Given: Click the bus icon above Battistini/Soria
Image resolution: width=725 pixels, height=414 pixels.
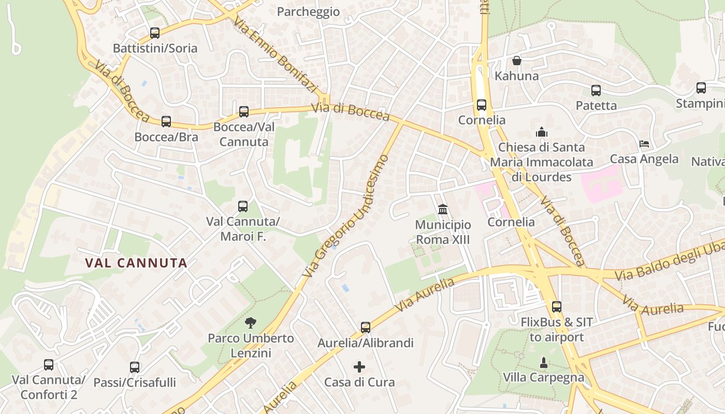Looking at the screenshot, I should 154,33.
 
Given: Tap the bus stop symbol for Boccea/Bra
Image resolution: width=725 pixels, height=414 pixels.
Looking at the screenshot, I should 166,122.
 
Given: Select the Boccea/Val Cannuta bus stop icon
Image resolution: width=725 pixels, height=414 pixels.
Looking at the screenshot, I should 244,112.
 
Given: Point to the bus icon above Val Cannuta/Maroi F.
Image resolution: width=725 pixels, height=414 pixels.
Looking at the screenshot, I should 243,206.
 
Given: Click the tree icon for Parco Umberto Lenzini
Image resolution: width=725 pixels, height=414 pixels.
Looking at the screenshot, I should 251,323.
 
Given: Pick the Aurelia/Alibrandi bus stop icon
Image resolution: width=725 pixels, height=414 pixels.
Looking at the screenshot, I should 366,328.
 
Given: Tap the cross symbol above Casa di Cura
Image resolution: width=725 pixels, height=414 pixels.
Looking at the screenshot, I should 359,367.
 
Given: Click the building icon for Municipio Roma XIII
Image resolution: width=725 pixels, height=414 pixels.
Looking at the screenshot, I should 443,210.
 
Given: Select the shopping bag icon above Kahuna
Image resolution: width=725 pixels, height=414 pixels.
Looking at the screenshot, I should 517,61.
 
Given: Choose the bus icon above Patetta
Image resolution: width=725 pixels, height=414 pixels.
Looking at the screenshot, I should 596,91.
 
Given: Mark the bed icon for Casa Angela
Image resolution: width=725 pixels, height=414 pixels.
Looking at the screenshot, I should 644,144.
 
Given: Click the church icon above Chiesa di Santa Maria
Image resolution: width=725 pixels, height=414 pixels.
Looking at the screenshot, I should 542,132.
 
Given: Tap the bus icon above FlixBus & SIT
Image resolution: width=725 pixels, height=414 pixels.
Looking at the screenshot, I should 557,307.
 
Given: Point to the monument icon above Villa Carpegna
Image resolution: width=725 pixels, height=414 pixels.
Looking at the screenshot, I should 544,362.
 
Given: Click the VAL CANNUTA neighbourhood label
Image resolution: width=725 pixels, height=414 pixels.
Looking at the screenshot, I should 136,263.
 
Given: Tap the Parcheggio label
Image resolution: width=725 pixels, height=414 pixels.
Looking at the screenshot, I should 309,11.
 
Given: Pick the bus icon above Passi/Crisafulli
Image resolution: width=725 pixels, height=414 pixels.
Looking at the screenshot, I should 135,367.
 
